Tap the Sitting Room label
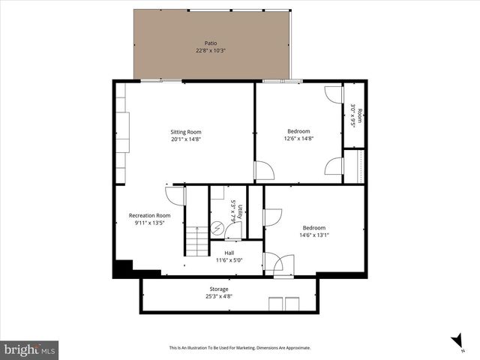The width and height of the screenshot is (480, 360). [x=185, y=132]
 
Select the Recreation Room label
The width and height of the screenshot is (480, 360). [x=145, y=215]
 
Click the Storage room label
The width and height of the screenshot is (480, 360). [x=218, y=289]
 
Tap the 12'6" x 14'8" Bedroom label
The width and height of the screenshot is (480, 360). [x=298, y=131]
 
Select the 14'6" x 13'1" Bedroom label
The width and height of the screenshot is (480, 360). [x=314, y=228]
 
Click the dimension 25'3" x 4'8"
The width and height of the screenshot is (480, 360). [x=218, y=296]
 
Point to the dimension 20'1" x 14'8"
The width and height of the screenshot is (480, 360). [x=185, y=139]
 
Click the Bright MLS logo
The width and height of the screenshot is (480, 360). [x=30, y=349]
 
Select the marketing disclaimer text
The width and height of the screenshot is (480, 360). [x=239, y=348]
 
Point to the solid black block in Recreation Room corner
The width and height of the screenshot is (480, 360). [x=122, y=268]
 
